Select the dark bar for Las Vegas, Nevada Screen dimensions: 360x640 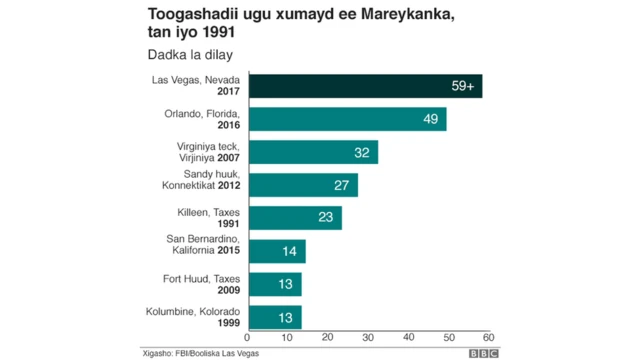pos(364,86)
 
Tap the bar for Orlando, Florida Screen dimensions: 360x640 pos(346,119)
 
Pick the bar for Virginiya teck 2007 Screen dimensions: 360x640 pos(312,152)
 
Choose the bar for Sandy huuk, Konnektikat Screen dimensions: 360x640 pos(302,185)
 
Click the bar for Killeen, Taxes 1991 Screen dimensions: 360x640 pos(294,218)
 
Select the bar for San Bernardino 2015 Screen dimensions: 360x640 pos(276,251)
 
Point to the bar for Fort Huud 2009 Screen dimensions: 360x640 pos(274,284)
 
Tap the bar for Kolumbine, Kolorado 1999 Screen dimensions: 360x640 pos(274,317)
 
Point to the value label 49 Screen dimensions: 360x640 pos(432,120)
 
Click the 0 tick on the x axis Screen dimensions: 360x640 pos(247,338)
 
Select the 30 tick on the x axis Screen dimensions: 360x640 pos(368,338)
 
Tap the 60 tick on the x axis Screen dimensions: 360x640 pos(489,338)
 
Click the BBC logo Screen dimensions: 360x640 pos(484,353)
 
